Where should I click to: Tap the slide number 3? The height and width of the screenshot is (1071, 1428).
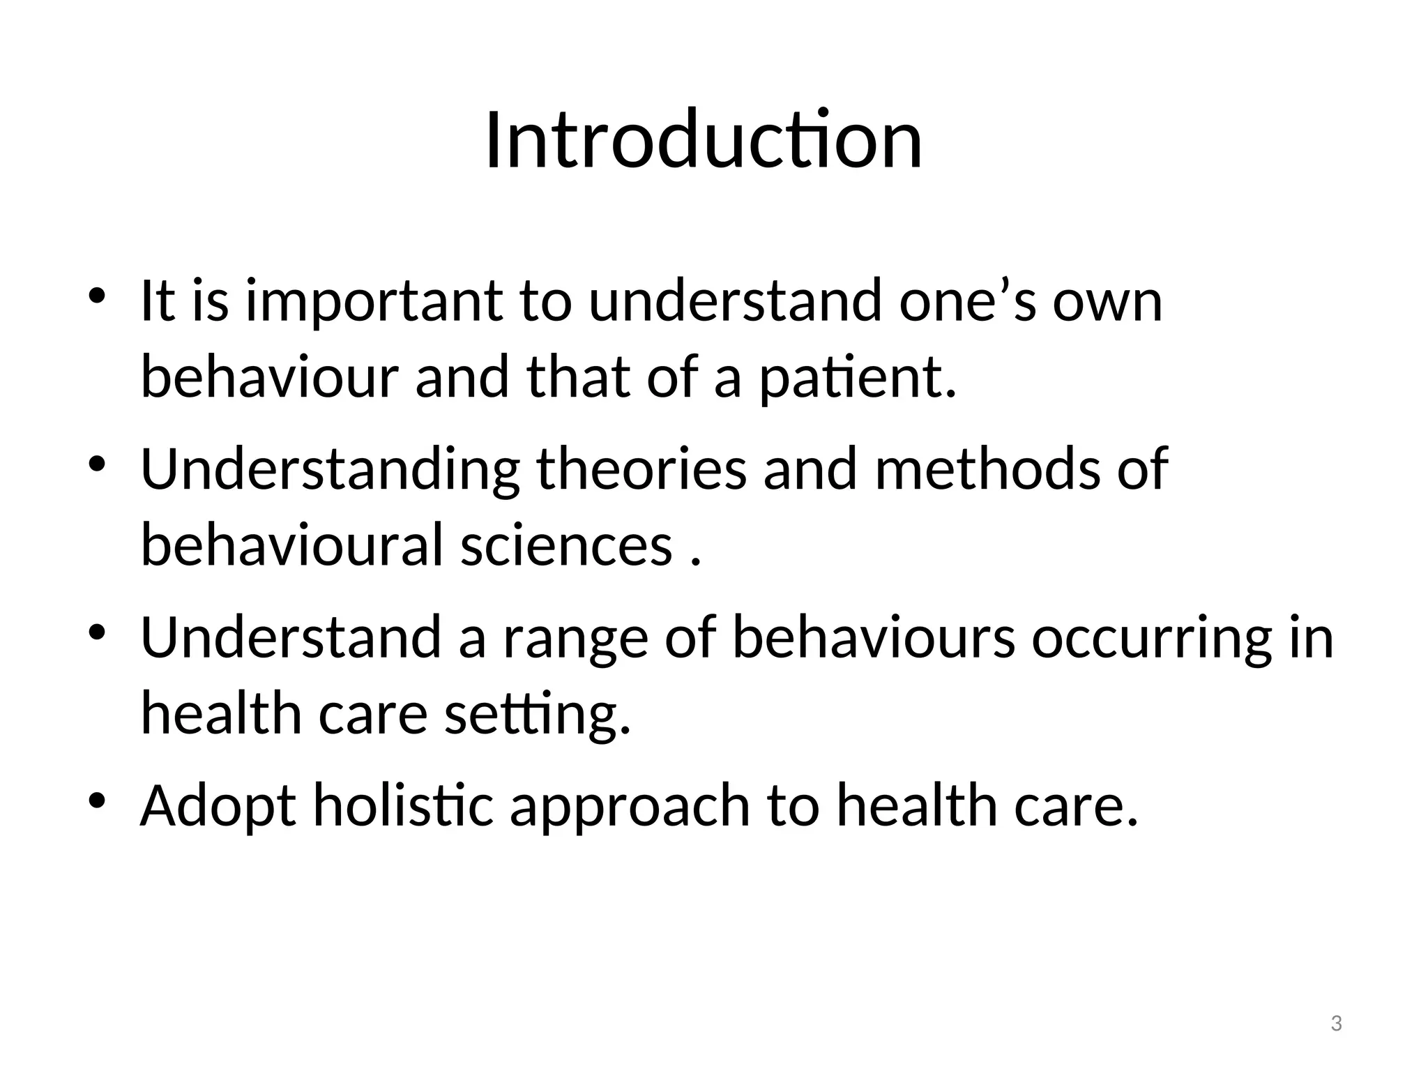point(1336,1024)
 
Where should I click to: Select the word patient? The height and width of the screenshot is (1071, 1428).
point(857,378)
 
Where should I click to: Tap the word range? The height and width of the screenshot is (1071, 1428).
point(575,638)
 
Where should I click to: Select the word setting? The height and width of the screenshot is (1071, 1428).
point(538,715)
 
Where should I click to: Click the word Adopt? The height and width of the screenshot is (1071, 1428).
point(218,806)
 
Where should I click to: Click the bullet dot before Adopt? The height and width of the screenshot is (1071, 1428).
point(97,800)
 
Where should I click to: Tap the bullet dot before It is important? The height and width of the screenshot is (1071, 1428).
point(97,295)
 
